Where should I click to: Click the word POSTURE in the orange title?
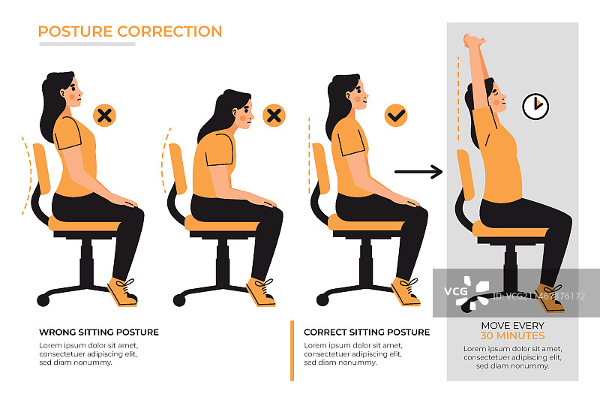76,32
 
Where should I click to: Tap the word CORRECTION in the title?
169,32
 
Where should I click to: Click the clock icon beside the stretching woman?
535,106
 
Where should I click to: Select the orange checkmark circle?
396,116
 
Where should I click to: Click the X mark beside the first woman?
104,116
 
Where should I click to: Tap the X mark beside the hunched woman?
274,116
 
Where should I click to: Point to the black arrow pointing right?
418,172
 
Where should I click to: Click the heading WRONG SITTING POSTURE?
99,332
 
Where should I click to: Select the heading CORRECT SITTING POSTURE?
367,332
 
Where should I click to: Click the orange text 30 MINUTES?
512,335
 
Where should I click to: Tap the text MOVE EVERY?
512,326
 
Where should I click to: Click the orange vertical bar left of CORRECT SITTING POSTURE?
292,350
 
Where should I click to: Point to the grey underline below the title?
87,44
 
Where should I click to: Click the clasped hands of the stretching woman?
474,40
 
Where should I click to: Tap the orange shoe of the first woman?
122,292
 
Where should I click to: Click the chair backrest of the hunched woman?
177,167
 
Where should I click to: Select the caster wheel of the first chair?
43,300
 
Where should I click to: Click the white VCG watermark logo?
466,293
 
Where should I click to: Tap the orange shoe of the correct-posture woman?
406,292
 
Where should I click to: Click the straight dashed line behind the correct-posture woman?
309,156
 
